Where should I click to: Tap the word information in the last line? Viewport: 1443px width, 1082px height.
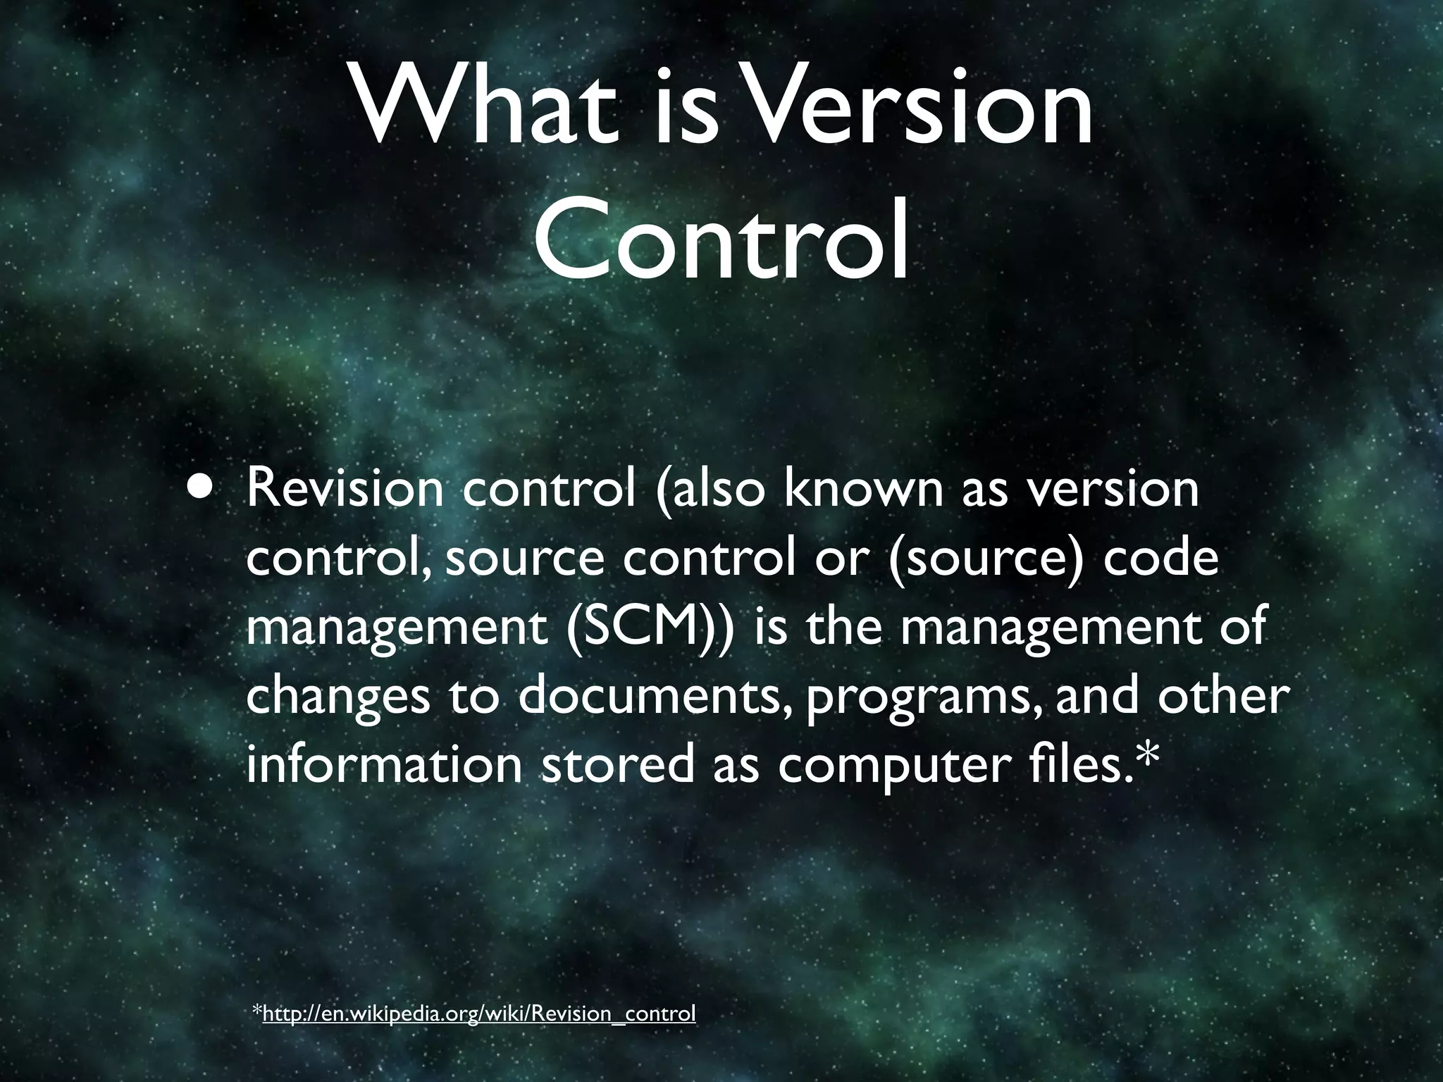(385, 764)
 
